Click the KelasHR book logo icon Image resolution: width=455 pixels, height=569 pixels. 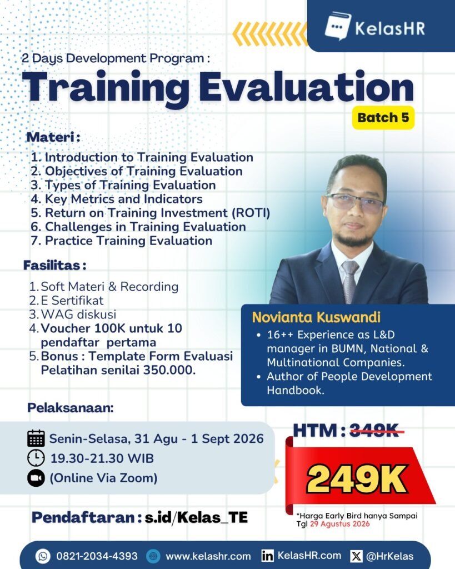[x=337, y=26]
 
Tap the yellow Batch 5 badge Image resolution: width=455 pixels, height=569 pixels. [x=383, y=118]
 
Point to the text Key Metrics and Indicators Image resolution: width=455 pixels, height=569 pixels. [x=124, y=199]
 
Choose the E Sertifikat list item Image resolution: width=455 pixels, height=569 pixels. [x=72, y=301]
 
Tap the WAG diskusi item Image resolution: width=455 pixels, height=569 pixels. [x=78, y=315]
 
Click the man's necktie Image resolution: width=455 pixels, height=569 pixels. [x=350, y=281]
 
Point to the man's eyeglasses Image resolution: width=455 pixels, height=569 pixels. [x=354, y=201]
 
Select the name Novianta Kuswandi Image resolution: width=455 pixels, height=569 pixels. [x=317, y=317]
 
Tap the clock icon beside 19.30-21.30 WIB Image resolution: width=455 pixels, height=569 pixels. [x=36, y=458]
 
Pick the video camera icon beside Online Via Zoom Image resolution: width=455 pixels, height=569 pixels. [x=36, y=478]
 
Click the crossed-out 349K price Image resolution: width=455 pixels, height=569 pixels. [x=374, y=431]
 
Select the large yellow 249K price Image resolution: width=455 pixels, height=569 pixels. [x=357, y=479]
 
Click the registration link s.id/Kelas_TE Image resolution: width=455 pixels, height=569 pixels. [x=196, y=517]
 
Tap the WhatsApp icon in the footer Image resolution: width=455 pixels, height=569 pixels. [x=43, y=556]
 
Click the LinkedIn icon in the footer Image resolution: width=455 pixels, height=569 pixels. [x=267, y=556]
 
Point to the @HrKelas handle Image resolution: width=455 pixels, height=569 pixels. [x=389, y=556]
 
